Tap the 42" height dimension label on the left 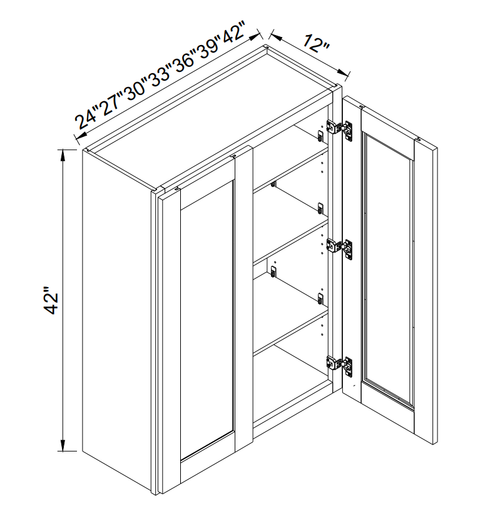pos(51,300)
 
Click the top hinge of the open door pos(340,129)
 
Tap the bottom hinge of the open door pos(340,365)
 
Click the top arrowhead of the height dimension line pos(63,155)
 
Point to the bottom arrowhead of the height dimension pos(63,445)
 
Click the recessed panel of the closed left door pos(207,320)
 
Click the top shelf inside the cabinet pos(291,169)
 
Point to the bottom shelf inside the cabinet pos(291,331)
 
